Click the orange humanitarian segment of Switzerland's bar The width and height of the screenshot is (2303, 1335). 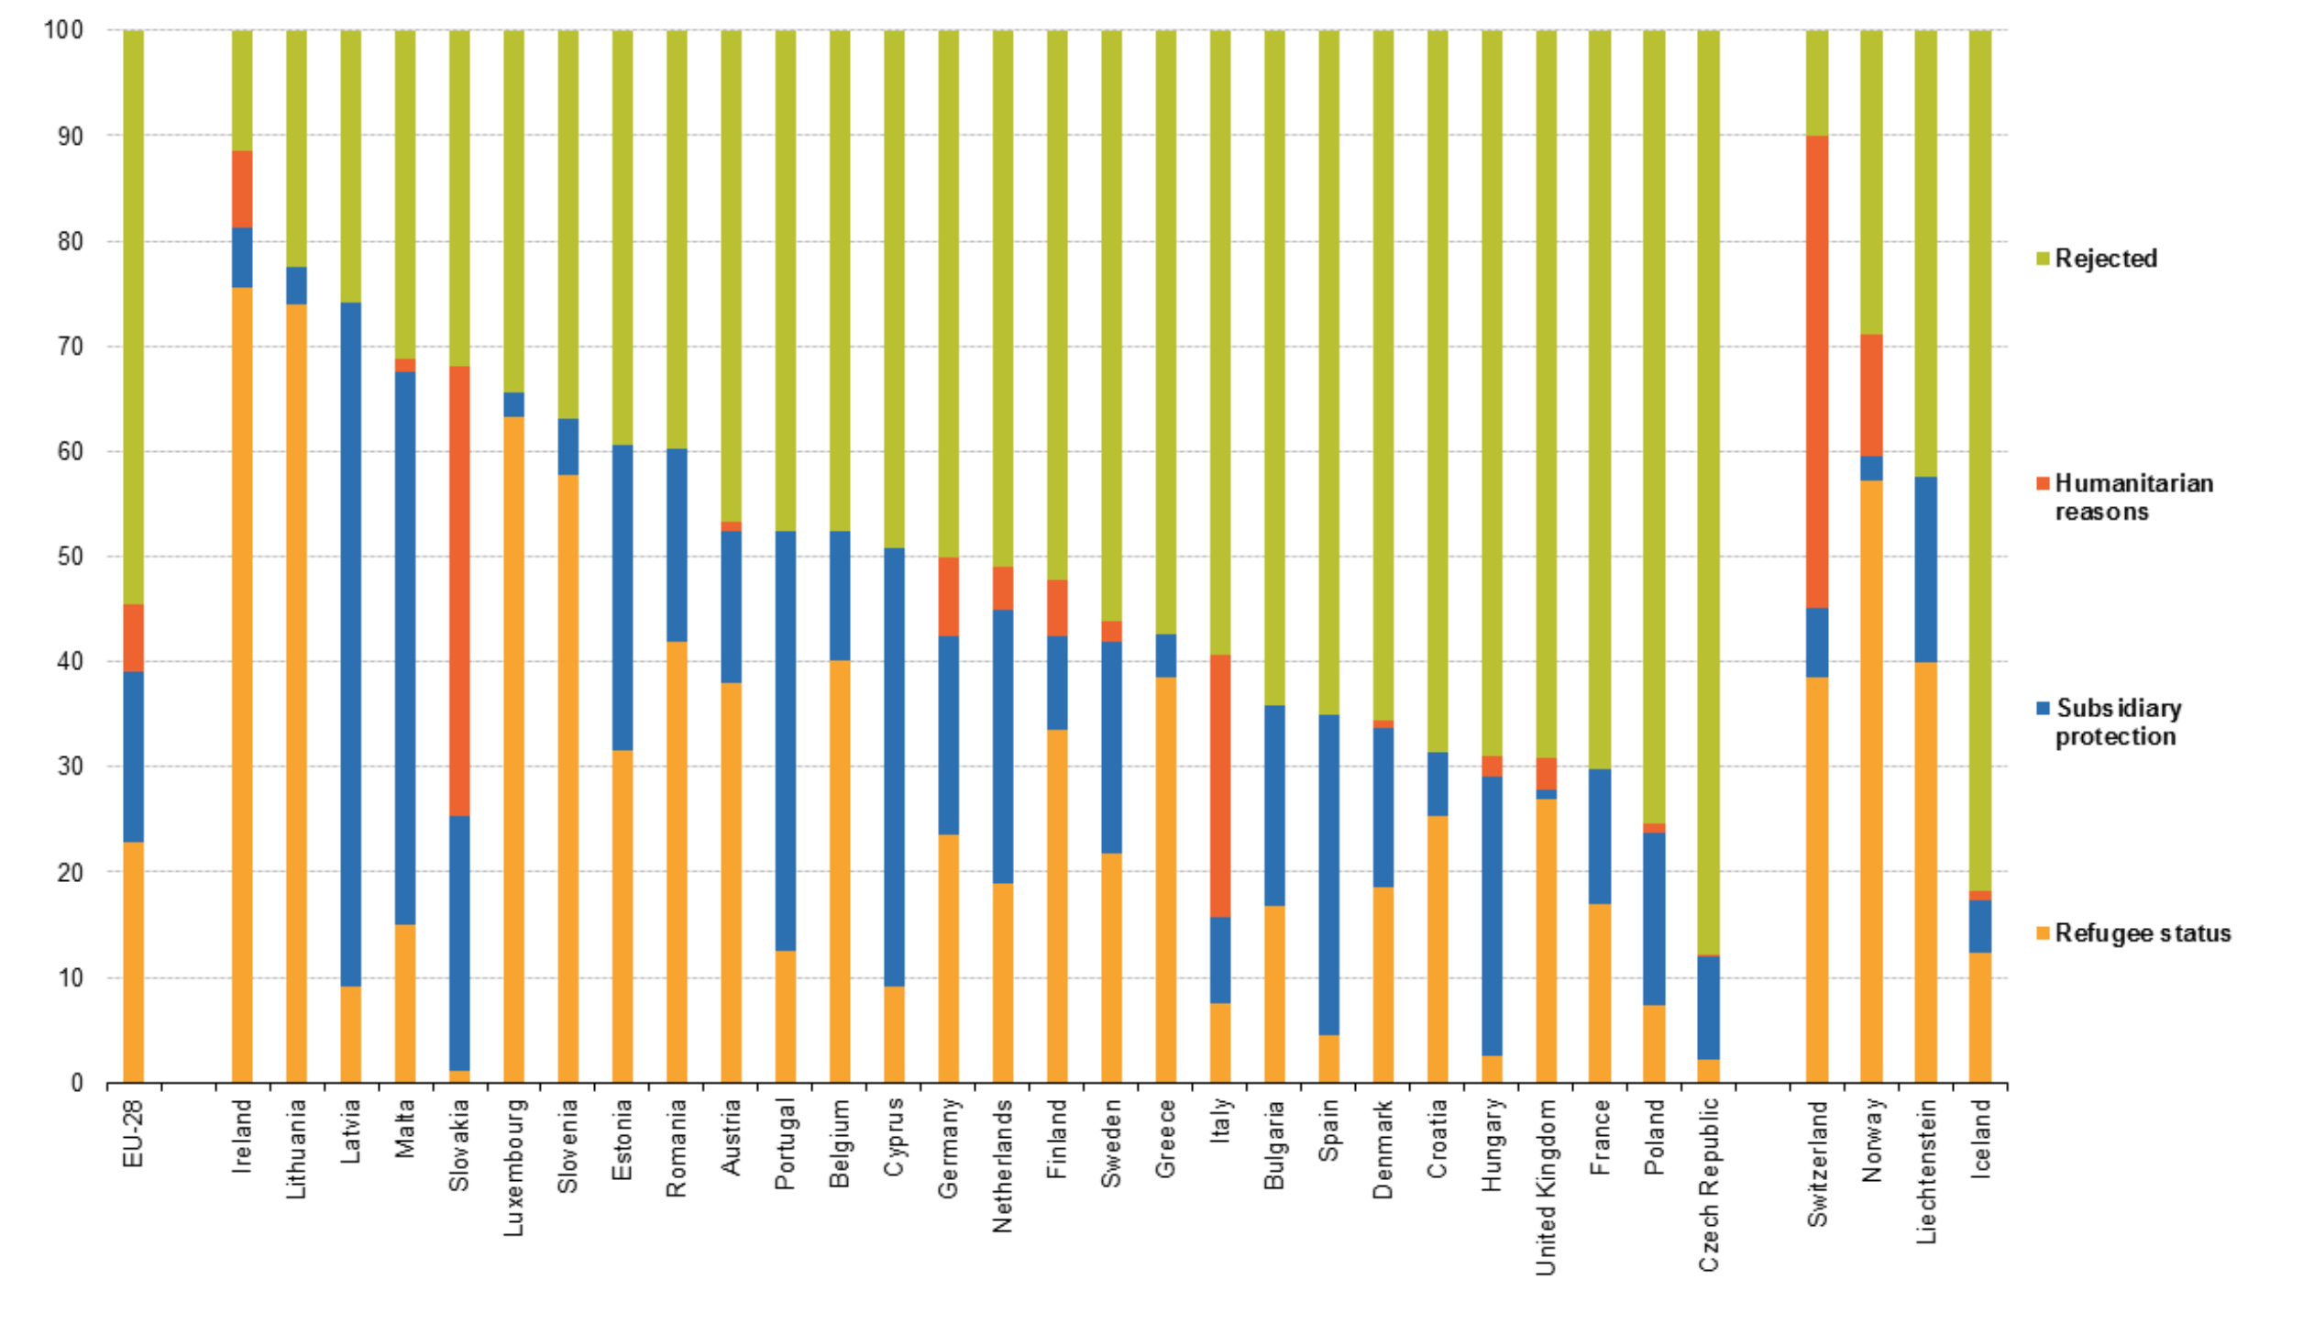1816,371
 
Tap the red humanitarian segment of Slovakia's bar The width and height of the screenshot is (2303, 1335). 459,590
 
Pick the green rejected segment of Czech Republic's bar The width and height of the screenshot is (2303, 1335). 1708,491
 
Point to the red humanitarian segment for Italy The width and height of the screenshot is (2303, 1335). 1220,786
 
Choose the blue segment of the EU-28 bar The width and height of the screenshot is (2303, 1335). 134,756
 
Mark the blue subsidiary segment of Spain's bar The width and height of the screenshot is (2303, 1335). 1328,875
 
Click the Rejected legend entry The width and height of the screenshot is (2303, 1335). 2105,259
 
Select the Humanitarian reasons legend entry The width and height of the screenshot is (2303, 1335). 2132,497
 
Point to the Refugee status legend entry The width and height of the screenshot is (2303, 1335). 2142,933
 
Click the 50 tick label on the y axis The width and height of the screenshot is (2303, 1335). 70,557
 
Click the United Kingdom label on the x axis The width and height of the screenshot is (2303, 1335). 1546,1186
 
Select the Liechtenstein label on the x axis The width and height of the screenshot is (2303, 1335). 1926,1171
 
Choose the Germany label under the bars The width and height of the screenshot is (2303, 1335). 948,1147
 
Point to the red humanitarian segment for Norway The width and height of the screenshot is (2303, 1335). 1871,395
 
